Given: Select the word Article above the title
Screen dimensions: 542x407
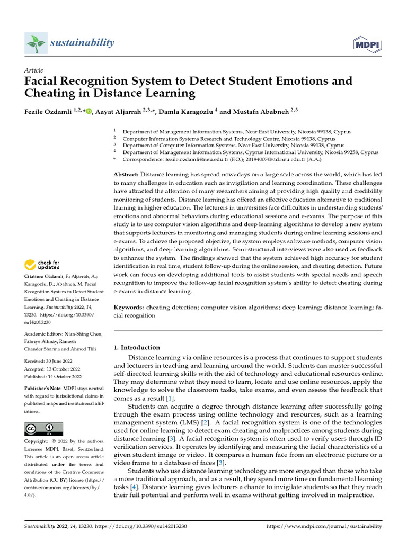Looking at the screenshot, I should tap(34, 70).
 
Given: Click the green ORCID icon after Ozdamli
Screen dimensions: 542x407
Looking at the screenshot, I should tap(89, 111).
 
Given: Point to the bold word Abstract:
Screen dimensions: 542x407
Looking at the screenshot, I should tap(127, 174).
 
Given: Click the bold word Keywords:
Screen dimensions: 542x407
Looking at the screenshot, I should tap(129, 308).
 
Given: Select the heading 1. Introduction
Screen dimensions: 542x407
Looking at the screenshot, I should tap(137, 348).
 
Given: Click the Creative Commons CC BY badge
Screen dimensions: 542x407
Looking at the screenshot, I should tap(43, 429).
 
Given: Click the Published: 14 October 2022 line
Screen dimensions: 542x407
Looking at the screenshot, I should tap(53, 376).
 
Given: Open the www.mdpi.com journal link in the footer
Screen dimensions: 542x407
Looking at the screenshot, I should tap(323, 527).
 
